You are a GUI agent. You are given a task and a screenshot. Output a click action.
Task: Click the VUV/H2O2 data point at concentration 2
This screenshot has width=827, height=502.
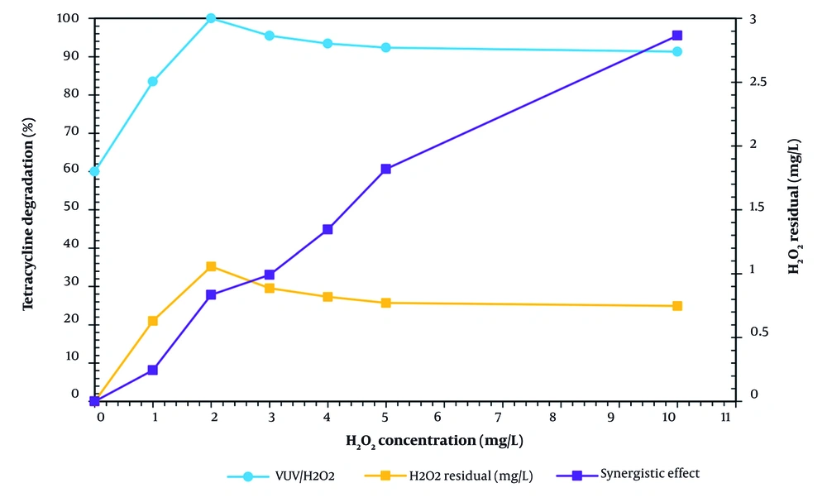tap(211, 18)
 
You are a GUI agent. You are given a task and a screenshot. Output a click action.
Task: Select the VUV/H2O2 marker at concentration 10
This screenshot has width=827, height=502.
tap(677, 52)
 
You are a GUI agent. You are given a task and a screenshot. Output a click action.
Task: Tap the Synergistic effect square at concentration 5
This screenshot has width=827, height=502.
tap(386, 169)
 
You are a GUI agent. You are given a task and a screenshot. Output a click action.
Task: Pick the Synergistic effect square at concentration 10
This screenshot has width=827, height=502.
tap(677, 36)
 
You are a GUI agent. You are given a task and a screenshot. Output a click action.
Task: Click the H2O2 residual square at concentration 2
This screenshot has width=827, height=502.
tap(211, 266)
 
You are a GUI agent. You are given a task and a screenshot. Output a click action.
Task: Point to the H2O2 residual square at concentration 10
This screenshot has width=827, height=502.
tap(677, 306)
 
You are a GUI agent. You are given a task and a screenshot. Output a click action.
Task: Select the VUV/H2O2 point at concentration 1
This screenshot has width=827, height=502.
tap(153, 81)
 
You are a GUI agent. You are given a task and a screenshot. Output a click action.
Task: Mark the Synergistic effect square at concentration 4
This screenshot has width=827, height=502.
tap(327, 229)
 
